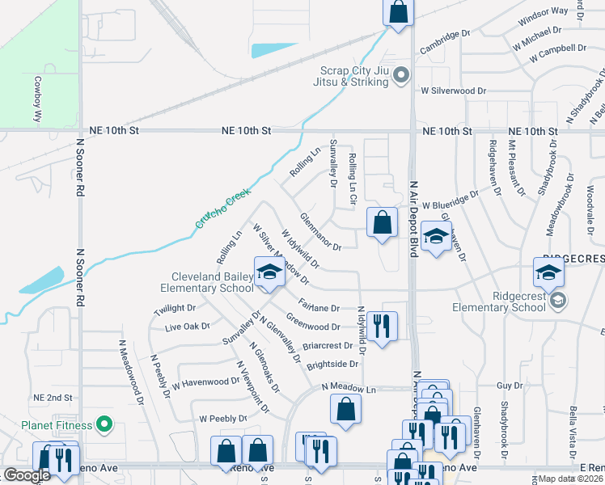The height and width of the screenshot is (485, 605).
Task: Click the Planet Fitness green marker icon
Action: [103, 424]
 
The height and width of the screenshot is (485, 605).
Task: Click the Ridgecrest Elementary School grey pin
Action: [558, 301]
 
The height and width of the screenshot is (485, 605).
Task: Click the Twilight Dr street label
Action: [175, 308]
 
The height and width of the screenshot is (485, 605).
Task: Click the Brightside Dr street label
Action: [332, 365]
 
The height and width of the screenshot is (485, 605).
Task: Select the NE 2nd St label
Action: [53, 399]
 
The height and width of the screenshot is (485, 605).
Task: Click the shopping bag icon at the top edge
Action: [398, 11]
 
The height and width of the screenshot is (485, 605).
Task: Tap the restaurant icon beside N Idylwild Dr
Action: [383, 324]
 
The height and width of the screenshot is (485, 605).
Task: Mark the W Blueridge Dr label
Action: [450, 205]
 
